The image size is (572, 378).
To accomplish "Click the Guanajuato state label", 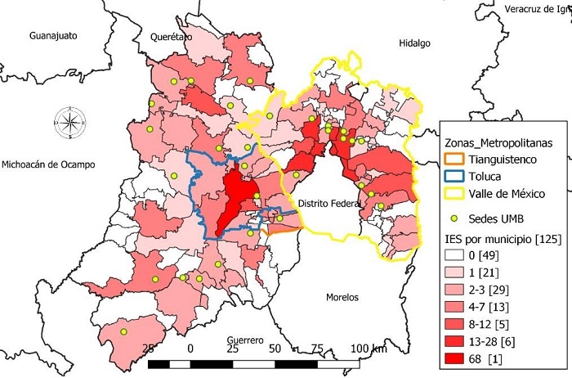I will point(52,37).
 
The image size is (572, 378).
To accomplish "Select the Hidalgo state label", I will point(415,43).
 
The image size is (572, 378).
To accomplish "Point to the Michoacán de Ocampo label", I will point(48,164).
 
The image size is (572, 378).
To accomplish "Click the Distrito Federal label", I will point(329,203).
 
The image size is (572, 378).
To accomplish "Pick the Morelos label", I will point(343,297).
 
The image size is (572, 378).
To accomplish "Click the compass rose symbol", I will point(70,124).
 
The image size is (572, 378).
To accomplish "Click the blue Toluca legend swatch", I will point(457,176).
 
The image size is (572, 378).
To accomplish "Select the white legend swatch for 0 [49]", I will point(457,254).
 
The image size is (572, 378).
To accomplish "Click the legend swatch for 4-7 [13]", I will point(457,306).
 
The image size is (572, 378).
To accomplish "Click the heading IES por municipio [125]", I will point(499,238).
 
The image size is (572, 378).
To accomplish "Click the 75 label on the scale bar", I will point(316,349).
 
